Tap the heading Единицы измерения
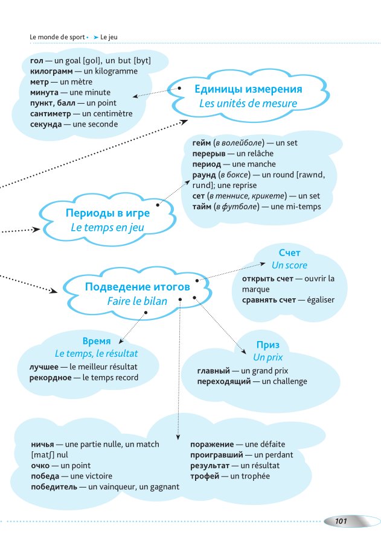(x=248, y=89)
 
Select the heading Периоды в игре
(x=108, y=213)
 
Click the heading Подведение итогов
(x=138, y=287)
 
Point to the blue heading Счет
(x=289, y=252)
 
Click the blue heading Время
(x=97, y=340)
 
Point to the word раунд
(x=204, y=175)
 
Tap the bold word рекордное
(x=51, y=378)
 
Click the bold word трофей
(x=205, y=476)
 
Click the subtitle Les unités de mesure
(x=248, y=104)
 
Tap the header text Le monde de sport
(x=57, y=37)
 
